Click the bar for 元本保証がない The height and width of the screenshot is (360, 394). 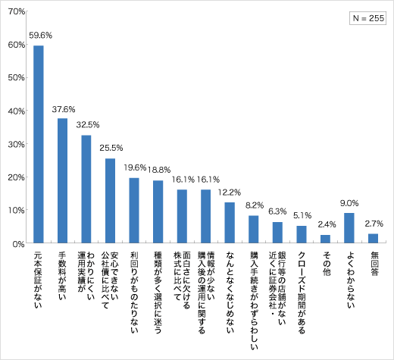(39, 144)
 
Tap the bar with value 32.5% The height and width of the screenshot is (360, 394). (86, 189)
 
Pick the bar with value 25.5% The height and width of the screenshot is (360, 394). (110, 201)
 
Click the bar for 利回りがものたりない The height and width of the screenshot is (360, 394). (134, 211)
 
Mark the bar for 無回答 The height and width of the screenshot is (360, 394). (373, 239)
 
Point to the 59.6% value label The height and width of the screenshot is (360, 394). (40, 35)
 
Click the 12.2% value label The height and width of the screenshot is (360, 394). (230, 192)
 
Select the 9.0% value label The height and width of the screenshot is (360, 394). (349, 203)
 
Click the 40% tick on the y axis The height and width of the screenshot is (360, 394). (17, 111)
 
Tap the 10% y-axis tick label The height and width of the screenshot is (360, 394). (17, 211)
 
